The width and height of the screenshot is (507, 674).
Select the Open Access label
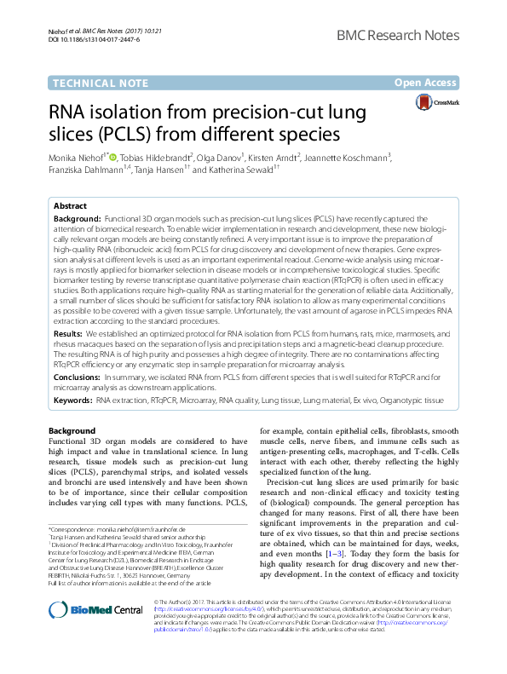click(427, 83)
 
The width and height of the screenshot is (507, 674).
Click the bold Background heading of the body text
click(72, 431)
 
